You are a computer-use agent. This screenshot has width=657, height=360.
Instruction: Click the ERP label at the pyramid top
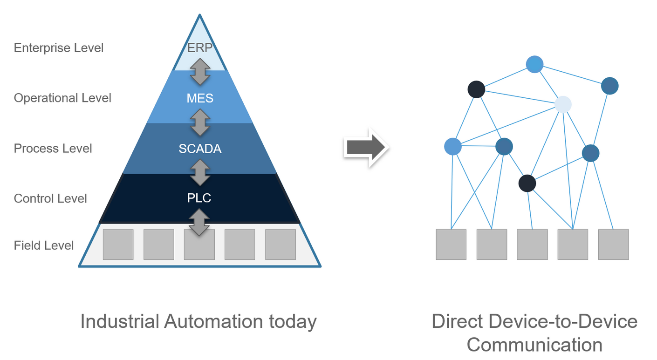[200, 48]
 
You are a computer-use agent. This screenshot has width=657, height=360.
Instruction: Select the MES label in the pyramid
[200, 98]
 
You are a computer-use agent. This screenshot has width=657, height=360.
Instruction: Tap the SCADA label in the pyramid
[200, 149]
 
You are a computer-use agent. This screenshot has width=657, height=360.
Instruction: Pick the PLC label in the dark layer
[199, 198]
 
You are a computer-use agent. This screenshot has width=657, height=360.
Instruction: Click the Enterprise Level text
[59, 48]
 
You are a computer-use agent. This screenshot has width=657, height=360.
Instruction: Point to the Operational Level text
[62, 98]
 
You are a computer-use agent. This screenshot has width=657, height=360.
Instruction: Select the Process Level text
[53, 149]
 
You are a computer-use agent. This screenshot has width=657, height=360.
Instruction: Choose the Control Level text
[50, 199]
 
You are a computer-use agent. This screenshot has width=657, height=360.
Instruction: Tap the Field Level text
[44, 245]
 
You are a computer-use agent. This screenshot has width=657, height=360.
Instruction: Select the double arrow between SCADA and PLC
[200, 172]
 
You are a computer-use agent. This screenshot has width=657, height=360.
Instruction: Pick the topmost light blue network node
[534, 64]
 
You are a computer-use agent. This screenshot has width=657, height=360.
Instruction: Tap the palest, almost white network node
[563, 104]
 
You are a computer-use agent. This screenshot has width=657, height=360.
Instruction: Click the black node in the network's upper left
[476, 89]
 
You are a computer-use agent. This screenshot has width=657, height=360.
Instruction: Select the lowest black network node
[527, 183]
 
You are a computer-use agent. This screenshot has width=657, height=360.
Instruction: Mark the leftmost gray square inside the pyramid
[118, 245]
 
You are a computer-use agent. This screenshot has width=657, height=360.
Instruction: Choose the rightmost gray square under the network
[613, 245]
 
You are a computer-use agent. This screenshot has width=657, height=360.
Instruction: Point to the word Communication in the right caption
[534, 345]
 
